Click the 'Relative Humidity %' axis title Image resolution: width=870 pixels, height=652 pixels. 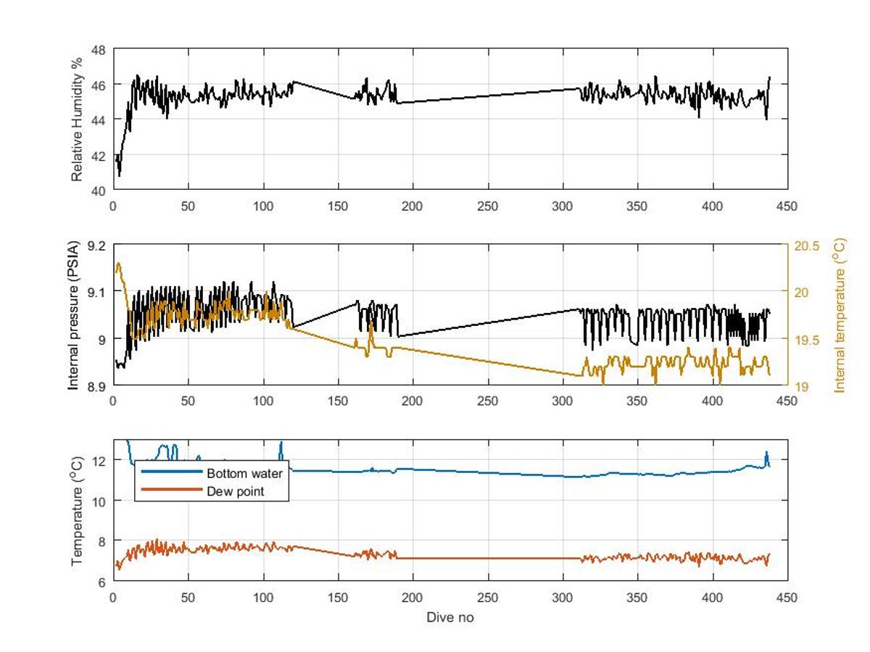coord(77,120)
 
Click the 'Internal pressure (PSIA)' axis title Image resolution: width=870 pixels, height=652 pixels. coord(73,315)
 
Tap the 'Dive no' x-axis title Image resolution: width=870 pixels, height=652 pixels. coord(450,617)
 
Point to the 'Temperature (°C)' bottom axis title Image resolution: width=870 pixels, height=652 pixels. coord(77,511)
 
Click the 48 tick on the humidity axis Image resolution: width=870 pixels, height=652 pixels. coord(99,50)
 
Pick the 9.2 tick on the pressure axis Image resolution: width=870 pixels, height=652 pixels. coord(96,246)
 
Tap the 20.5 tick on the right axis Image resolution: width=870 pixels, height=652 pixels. coord(805,246)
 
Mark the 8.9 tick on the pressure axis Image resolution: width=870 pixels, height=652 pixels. coord(96,386)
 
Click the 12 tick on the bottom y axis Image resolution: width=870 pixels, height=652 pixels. coord(99,461)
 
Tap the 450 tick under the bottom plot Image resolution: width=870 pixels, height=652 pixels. coord(787,598)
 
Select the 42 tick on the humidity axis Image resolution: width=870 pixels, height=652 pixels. coord(99,155)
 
